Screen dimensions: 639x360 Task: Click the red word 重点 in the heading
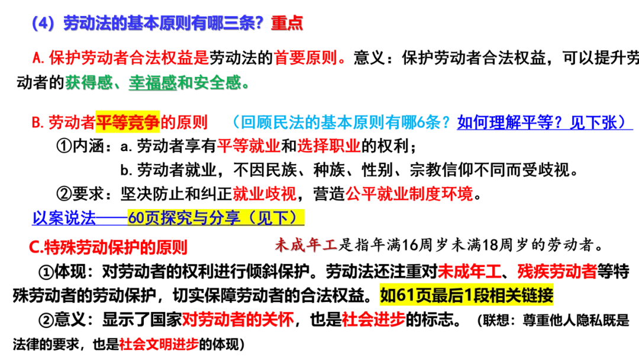(286, 23)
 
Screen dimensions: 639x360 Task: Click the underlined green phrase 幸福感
(153, 82)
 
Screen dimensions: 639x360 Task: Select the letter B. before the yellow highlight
(36, 123)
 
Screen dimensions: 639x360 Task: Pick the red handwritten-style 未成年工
(305, 246)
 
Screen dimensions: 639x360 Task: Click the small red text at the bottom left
(159, 343)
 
